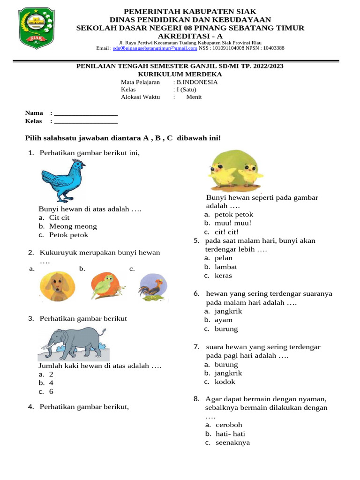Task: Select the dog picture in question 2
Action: [x=56, y=286]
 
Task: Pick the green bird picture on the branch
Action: [x=107, y=285]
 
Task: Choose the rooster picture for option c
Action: [x=153, y=286]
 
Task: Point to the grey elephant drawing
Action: [x=74, y=344]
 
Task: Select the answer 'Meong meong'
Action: [x=73, y=226]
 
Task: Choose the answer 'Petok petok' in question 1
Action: [x=68, y=235]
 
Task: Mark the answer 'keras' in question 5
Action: [x=223, y=276]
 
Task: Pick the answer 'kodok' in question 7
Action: [x=225, y=382]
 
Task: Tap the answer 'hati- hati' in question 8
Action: [x=230, y=434]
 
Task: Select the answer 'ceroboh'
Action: [x=229, y=425]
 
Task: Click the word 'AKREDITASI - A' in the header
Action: [x=190, y=36]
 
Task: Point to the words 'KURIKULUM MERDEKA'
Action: [x=180, y=74]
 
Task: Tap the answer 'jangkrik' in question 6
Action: [x=229, y=311]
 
